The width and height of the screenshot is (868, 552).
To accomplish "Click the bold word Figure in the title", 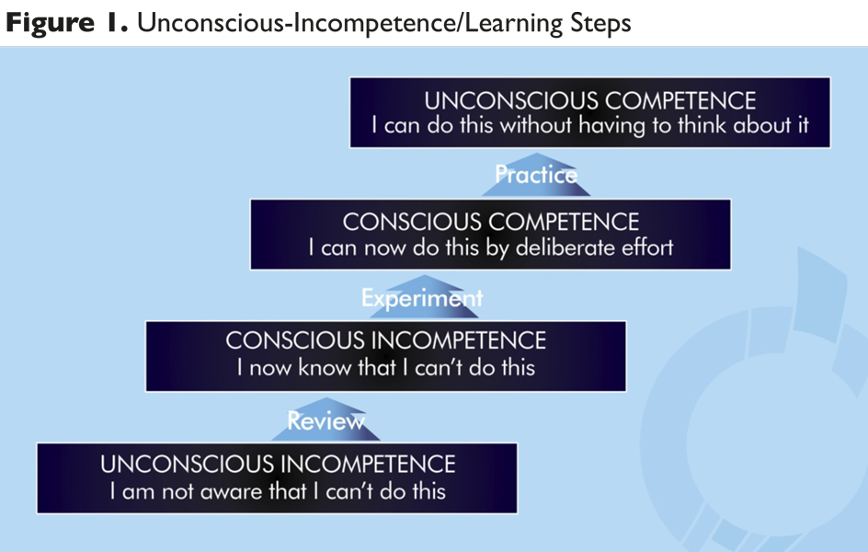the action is pyautogui.click(x=51, y=23).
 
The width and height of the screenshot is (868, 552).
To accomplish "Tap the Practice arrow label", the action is pyautogui.click(x=536, y=175).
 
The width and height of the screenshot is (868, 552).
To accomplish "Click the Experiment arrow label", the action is pyautogui.click(x=422, y=299).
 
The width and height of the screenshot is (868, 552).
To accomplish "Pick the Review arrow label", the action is pyautogui.click(x=326, y=421).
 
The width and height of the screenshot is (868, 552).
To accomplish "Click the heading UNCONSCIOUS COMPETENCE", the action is pyautogui.click(x=590, y=101).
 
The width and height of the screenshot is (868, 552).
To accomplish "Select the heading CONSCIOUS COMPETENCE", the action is pyautogui.click(x=490, y=222).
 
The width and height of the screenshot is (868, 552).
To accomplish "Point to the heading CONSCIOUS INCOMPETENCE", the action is pyautogui.click(x=386, y=340).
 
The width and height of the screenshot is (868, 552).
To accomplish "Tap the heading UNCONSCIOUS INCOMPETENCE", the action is pyautogui.click(x=278, y=464).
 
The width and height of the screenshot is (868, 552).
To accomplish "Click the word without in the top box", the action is pyautogui.click(x=536, y=125).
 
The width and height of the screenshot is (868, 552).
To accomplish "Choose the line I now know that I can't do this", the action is pyautogui.click(x=386, y=368).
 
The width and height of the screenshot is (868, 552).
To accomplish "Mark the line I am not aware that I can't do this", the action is pyautogui.click(x=278, y=491).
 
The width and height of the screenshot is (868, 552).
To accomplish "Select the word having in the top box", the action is pyautogui.click(x=612, y=126).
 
